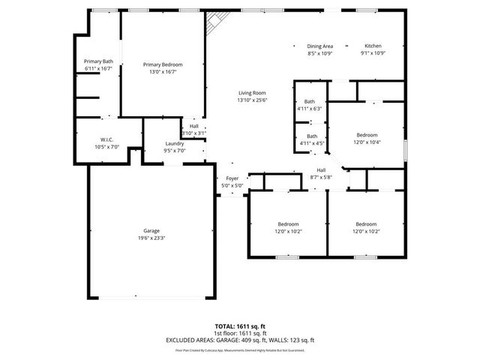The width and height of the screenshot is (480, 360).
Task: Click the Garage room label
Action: point(151,231)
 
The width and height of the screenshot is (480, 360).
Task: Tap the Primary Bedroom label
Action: point(163,65)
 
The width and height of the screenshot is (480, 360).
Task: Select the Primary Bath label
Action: point(98,61)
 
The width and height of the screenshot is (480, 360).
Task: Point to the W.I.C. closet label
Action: point(106,139)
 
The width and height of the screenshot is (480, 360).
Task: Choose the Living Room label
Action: point(252,93)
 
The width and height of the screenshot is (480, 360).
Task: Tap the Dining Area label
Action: point(320,46)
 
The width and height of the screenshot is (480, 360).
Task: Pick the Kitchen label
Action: point(373,46)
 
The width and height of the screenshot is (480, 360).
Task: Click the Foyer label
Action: point(232,178)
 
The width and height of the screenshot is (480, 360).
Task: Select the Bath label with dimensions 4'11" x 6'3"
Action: point(310,101)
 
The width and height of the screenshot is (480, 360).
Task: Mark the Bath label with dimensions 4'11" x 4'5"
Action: point(311,136)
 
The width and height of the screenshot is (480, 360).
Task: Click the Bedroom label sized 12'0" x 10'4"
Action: point(367,135)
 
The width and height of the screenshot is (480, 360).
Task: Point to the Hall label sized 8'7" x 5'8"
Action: point(321,170)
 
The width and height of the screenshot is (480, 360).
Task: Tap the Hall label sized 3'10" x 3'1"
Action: point(193,126)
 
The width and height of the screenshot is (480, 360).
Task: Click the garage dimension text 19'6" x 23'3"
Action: point(151,238)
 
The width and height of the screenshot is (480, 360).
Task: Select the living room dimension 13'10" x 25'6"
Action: point(252,100)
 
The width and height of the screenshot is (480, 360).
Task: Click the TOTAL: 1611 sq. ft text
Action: point(240,326)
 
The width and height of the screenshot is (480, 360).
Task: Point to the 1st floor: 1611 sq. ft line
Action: point(240,333)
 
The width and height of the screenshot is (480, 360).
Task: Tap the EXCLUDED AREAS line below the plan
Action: point(240,340)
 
